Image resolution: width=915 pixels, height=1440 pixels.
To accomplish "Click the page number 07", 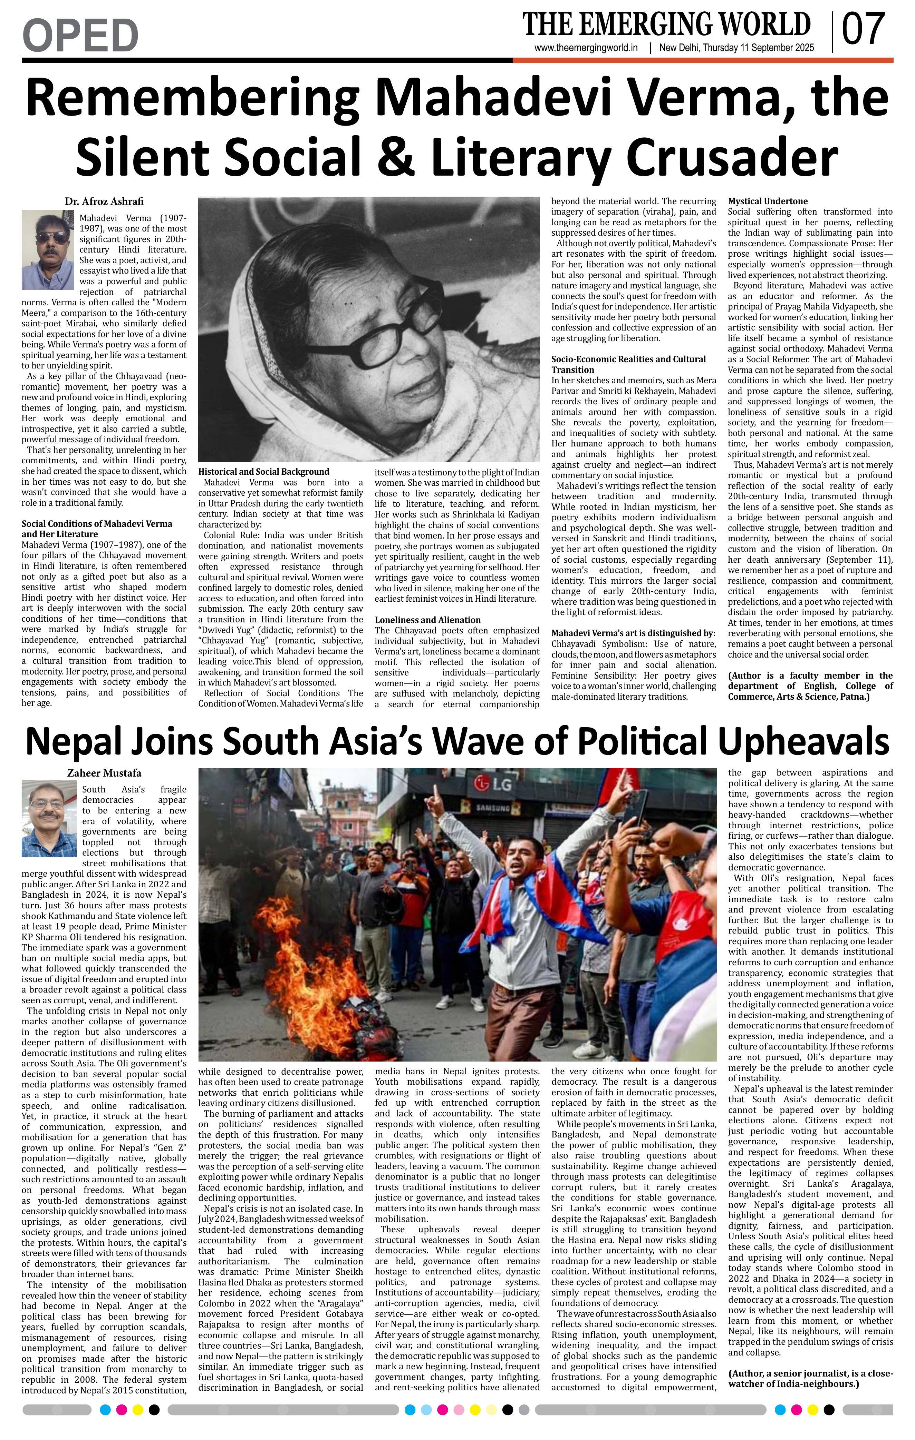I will click(864, 29).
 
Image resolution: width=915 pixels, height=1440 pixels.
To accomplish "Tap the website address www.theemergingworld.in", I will click(586, 48).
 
